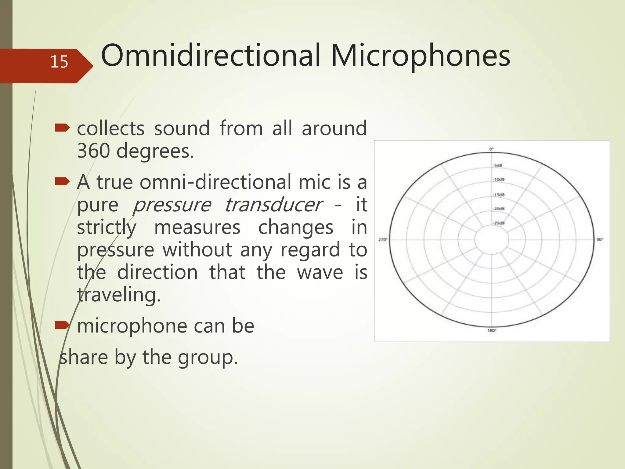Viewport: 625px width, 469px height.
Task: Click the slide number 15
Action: (x=59, y=62)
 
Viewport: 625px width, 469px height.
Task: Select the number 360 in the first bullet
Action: (x=93, y=151)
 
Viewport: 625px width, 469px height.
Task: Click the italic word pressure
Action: (x=172, y=205)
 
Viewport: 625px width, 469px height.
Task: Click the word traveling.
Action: (x=119, y=295)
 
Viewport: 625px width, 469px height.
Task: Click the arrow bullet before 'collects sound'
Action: (x=62, y=128)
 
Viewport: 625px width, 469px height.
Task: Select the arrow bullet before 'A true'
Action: (x=62, y=182)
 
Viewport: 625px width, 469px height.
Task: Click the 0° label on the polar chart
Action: (x=491, y=149)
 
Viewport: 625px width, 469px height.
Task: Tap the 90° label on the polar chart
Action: (x=600, y=240)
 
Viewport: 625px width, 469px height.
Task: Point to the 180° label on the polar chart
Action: (x=492, y=330)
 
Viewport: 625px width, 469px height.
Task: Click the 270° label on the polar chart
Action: (x=383, y=240)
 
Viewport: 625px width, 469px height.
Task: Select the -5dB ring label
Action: (x=498, y=165)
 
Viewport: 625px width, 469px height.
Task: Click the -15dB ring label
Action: (x=499, y=195)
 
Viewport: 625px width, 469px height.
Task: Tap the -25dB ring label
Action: (x=499, y=223)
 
